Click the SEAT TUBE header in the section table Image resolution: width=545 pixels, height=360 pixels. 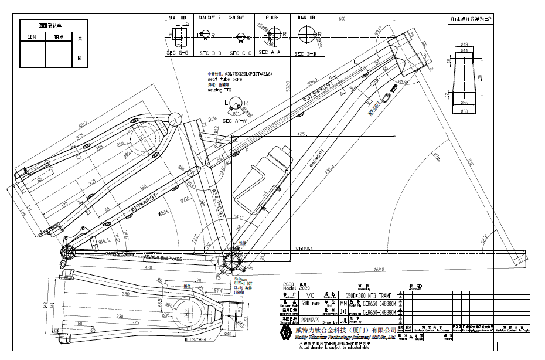tap(178, 18)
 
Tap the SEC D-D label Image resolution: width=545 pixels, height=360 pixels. tap(210, 53)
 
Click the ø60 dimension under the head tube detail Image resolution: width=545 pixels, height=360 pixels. tap(464, 111)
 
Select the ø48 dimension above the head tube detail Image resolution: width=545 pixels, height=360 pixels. tap(464, 44)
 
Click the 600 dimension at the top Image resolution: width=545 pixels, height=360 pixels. tap(342, 19)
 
